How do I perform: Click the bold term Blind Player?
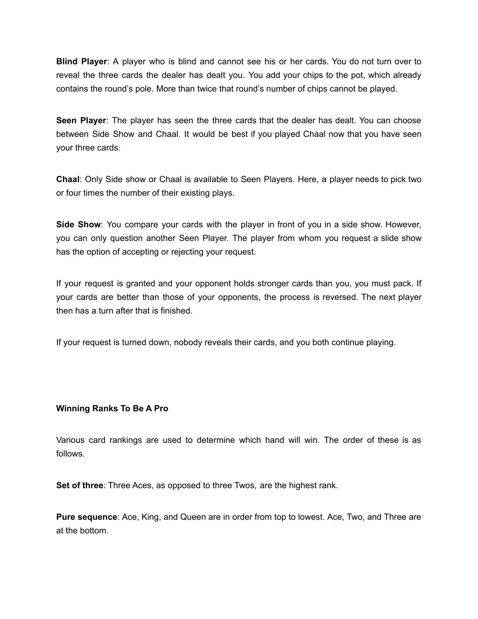click(x=82, y=62)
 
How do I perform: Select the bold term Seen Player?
click(x=81, y=121)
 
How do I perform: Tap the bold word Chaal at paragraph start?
click(x=68, y=179)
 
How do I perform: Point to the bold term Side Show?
click(x=78, y=225)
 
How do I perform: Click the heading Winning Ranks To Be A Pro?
click(x=112, y=408)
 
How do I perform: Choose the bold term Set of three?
click(x=79, y=485)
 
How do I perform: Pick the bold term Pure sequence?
click(x=86, y=517)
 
